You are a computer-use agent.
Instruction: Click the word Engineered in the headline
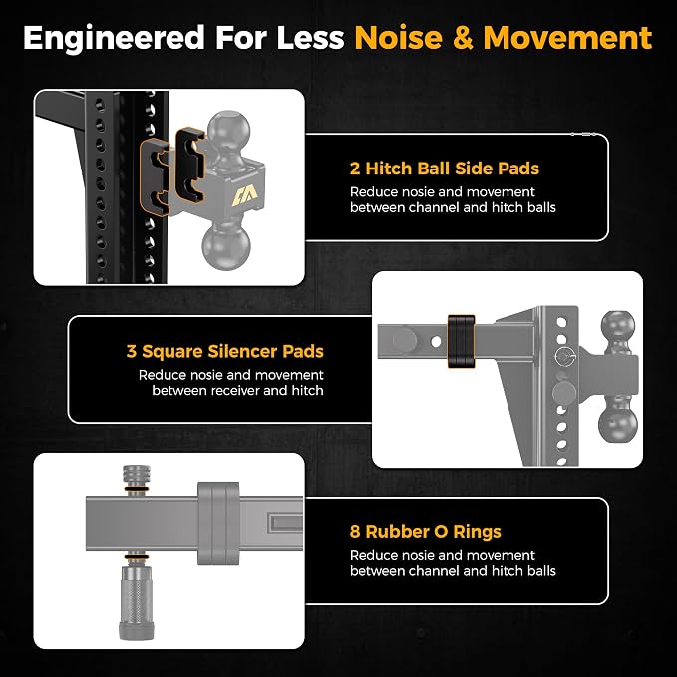pyautogui.click(x=114, y=39)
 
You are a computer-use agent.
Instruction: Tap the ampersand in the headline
pyautogui.click(x=463, y=38)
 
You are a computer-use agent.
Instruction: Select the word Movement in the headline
pyautogui.click(x=567, y=38)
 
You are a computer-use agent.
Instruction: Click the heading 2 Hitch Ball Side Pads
pyautogui.click(x=445, y=169)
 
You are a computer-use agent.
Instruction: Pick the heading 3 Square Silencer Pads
pyautogui.click(x=225, y=351)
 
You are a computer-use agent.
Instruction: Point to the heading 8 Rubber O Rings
pyautogui.click(x=426, y=532)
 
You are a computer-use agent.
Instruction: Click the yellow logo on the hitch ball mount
pyautogui.click(x=245, y=196)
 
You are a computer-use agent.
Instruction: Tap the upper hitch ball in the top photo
pyautogui.click(x=229, y=129)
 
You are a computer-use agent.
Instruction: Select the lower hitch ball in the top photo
pyautogui.click(x=225, y=246)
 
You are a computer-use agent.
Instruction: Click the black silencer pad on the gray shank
pyautogui.click(x=461, y=341)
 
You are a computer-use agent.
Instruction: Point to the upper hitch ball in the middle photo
pyautogui.click(x=618, y=329)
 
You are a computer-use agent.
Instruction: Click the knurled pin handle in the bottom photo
pyautogui.click(x=136, y=603)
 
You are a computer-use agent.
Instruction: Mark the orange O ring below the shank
pyautogui.click(x=137, y=558)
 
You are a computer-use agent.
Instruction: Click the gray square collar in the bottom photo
pyautogui.click(x=218, y=523)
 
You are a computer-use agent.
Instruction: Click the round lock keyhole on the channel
pyautogui.click(x=564, y=358)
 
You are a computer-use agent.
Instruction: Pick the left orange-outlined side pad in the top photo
pyautogui.click(x=155, y=177)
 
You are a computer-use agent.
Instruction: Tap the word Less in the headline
pyautogui.click(x=310, y=38)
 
